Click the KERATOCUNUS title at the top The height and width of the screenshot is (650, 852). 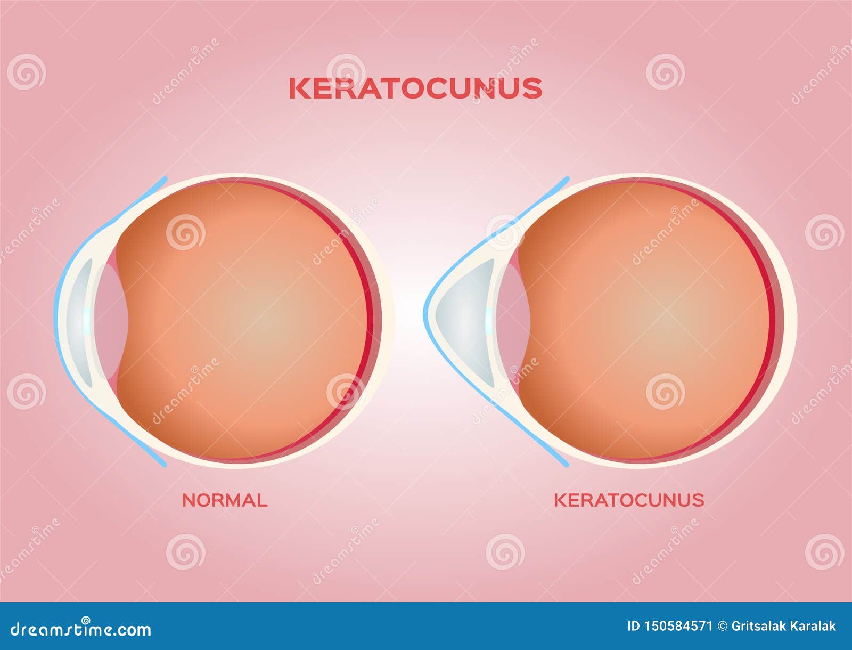coord(415,88)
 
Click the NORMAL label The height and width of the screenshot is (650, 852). coord(225,500)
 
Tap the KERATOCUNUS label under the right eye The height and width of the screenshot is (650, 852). coord(629,500)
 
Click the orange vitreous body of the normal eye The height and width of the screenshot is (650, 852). coord(245,320)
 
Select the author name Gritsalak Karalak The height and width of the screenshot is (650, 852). coord(783,627)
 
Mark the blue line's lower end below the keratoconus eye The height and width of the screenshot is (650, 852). coord(567,465)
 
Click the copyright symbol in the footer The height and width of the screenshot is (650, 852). coord(722,627)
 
